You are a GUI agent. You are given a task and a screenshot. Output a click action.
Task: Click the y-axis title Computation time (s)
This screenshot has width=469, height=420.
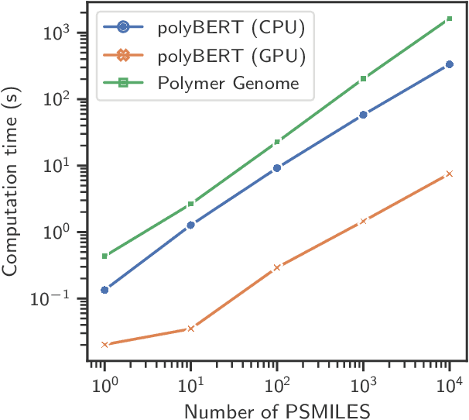coord(13,183)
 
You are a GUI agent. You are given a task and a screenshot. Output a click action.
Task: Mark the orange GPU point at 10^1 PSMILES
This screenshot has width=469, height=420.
coord(190,329)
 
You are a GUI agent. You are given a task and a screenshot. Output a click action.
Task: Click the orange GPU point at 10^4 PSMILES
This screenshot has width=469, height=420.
coord(450,174)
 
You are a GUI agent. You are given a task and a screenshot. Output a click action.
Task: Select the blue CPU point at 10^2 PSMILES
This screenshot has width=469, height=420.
coord(277,167)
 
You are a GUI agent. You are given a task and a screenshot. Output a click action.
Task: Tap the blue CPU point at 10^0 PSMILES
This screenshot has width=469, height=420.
coord(104,290)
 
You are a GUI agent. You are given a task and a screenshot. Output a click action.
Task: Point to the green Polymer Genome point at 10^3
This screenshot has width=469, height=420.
coord(364,79)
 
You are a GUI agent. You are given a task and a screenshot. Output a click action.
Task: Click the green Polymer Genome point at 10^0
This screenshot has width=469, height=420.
coord(104,256)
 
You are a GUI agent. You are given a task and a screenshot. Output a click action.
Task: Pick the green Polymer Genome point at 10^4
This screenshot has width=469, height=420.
coord(450,19)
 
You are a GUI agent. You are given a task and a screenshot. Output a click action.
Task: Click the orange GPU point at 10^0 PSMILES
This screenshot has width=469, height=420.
coord(104,344)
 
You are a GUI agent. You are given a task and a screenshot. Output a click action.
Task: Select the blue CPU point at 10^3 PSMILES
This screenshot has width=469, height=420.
coord(364,115)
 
